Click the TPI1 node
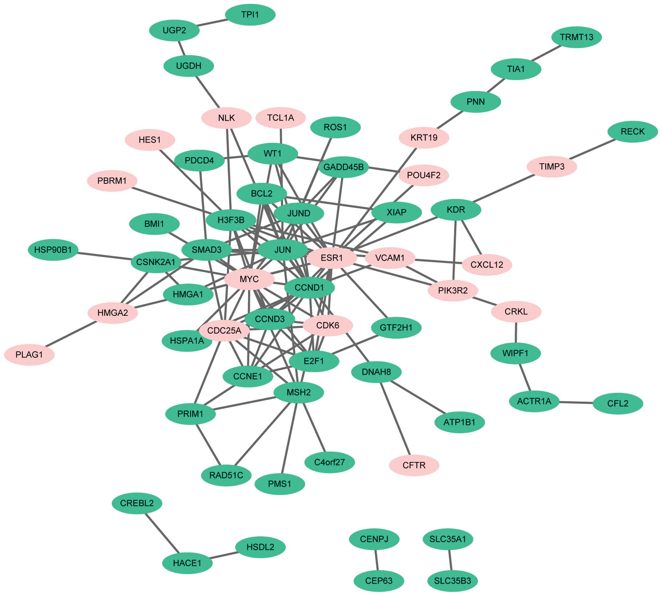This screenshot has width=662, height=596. tap(250, 15)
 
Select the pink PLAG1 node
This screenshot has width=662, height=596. tap(29, 355)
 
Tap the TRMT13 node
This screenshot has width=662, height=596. tap(576, 37)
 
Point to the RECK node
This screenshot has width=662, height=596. tap(632, 132)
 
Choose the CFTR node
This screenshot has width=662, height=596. tap(414, 465)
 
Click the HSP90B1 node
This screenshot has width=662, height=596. tap(53, 250)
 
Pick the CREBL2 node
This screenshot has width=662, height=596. tap(137, 503)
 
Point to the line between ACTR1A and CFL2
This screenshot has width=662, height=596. tap(576, 402)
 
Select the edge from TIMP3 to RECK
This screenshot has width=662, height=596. tap(592, 149)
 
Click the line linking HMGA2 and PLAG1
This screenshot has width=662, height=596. tap(71, 334)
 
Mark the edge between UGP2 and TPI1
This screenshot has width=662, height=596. tap(212, 22)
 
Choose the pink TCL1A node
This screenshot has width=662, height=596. tap(281, 118)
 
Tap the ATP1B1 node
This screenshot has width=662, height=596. tap(459, 422)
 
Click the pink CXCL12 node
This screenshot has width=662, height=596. tap(487, 265)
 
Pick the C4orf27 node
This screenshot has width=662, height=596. tap(329, 462)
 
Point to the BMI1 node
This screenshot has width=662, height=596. tap(154, 224)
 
